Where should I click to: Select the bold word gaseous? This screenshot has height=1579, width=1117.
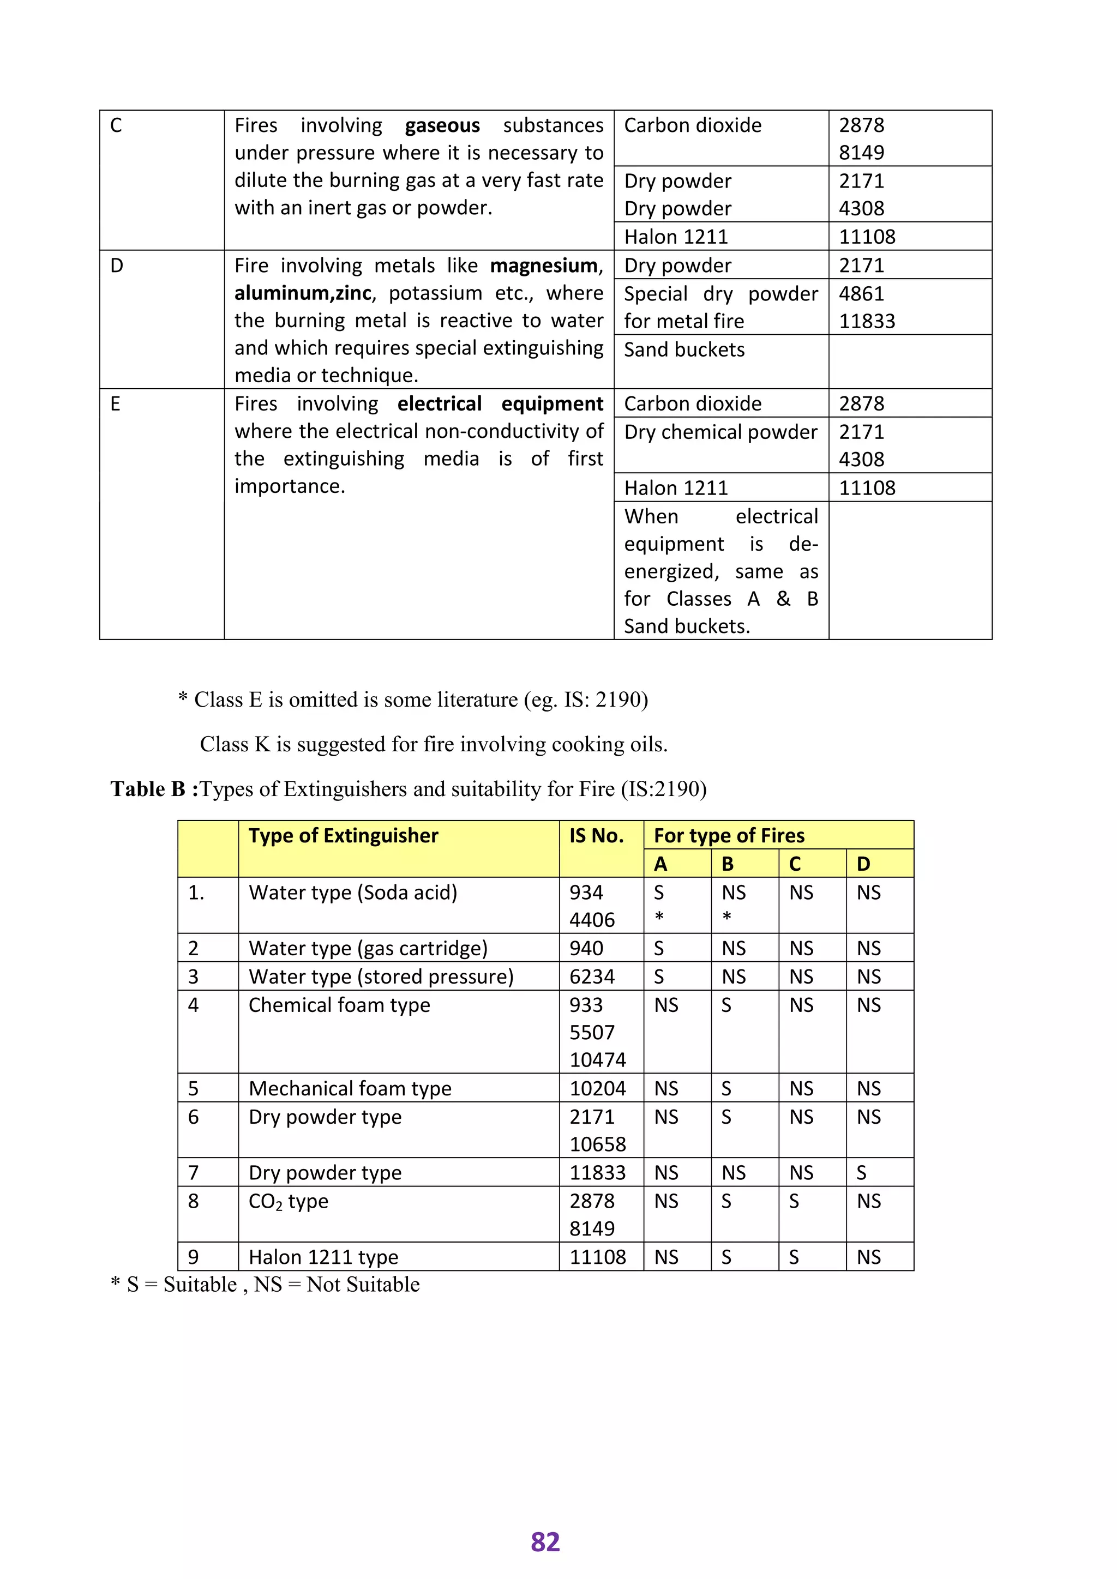coord(442,126)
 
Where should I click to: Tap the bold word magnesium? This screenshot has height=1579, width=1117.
coord(545,266)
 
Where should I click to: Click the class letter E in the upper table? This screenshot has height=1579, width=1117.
coord(116,403)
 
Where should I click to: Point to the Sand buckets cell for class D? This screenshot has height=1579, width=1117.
coord(684,350)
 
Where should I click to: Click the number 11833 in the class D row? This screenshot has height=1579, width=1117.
coord(867,321)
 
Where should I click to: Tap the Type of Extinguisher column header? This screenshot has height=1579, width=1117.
coord(343,836)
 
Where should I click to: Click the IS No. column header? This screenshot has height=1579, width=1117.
coord(596,836)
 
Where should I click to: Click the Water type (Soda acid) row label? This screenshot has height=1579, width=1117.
coord(353,893)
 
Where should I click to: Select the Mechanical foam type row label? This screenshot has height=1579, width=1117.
coord(350,1089)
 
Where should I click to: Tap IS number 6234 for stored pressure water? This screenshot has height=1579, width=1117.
coord(592,977)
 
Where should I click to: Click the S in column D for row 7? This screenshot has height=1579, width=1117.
coord(861,1173)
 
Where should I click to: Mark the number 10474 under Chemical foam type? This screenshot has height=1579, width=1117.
coord(597,1060)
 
